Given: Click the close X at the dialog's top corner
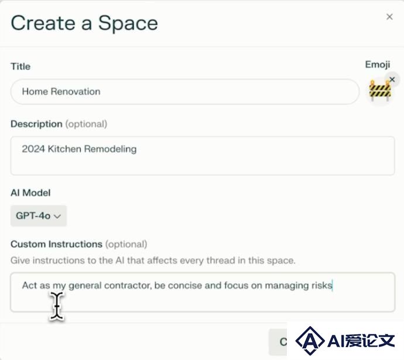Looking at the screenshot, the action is pyautogui.click(x=389, y=17).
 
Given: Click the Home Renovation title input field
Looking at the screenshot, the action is pyautogui.click(x=185, y=92).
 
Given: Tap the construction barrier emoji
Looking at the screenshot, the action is pyautogui.click(x=380, y=90).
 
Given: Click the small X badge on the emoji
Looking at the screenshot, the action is pyautogui.click(x=392, y=79).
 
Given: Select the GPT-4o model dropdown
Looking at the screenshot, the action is pyautogui.click(x=39, y=216).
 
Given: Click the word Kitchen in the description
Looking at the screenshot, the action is pyautogui.click(x=64, y=149).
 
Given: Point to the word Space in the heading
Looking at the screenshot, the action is pyautogui.click(x=128, y=24).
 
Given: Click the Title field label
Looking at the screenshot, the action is pyautogui.click(x=20, y=66).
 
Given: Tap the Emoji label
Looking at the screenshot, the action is pyautogui.click(x=378, y=64).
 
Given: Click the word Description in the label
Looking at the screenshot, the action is pyautogui.click(x=36, y=124).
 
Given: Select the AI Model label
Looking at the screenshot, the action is pyautogui.click(x=30, y=193).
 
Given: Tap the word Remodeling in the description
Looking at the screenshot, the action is pyautogui.click(x=110, y=149).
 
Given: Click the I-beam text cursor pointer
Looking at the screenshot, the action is pyautogui.click(x=57, y=306).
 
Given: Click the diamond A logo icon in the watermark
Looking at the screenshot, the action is pyautogui.click(x=310, y=341).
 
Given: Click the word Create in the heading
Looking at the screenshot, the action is pyautogui.click(x=43, y=23).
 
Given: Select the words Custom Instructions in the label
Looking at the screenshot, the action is pyautogui.click(x=56, y=244).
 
